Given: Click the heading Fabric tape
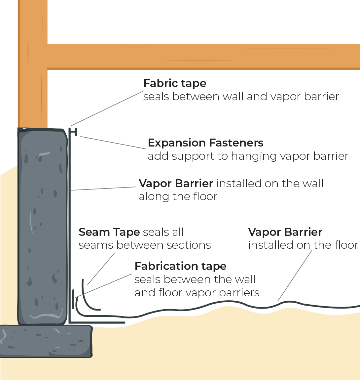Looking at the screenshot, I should click(x=175, y=83).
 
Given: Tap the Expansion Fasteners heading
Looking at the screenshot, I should click(x=205, y=143).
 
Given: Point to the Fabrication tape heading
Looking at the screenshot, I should click(x=180, y=266).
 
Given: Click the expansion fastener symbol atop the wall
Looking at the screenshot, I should click(x=74, y=132).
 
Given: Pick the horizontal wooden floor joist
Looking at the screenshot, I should click(x=203, y=57).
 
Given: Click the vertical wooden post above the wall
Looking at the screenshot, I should click(x=32, y=63).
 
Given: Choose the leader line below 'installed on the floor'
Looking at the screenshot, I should click(x=295, y=276).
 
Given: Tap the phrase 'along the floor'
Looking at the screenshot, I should click(x=178, y=196).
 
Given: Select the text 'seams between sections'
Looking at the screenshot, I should click(x=145, y=245).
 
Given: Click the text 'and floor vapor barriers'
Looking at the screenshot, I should click(x=197, y=293).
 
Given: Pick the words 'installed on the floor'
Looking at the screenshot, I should click(x=303, y=245).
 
